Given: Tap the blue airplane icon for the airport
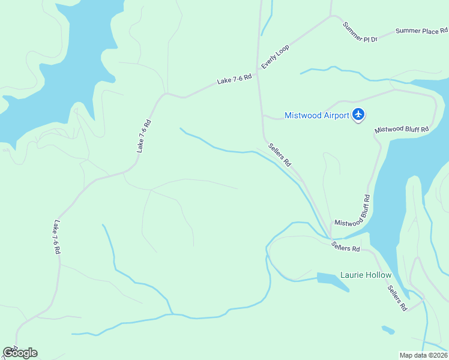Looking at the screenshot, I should pos(358,113).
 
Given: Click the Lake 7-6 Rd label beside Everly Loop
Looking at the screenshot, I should pos(234,78).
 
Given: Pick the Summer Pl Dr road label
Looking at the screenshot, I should pos(360,32).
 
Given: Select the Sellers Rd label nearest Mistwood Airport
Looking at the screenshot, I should pos(280,154).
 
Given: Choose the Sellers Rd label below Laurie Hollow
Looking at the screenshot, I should pos(397,298).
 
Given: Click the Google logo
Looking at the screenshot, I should pos(20,352).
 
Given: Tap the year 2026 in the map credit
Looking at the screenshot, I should pos(438,355).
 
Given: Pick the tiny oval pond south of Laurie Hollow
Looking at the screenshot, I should pos(388,329).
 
